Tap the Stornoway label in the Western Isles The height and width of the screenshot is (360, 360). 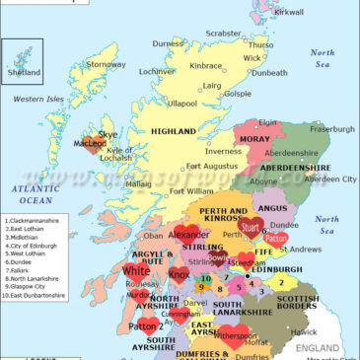click(x=106, y=65)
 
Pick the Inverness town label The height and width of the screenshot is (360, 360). click(x=223, y=151)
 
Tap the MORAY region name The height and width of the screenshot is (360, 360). click(x=254, y=140)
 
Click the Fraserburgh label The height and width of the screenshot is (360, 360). click(x=331, y=129)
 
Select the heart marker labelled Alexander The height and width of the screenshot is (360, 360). click(x=187, y=236)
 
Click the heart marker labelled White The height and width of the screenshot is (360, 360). click(x=137, y=269)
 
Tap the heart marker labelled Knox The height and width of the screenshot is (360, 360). click(x=179, y=273)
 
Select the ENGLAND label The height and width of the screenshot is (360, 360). click(x=324, y=348)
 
